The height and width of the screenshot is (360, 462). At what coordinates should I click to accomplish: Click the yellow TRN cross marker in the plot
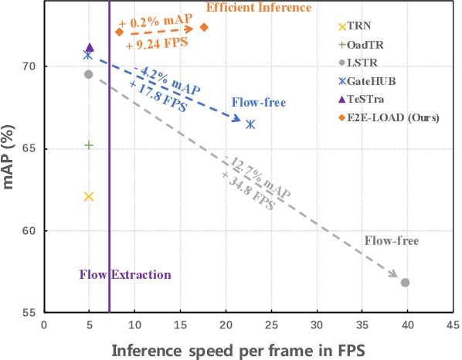89,197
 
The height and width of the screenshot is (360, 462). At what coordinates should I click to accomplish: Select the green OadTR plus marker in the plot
89,145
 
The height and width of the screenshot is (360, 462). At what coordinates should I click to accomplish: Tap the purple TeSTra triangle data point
90,48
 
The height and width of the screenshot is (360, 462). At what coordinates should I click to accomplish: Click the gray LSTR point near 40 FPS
405,283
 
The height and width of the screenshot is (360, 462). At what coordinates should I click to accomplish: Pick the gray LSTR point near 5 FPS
89,74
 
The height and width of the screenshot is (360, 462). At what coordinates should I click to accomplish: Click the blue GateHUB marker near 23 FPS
250,124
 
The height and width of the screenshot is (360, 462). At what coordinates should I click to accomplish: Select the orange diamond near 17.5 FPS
204,28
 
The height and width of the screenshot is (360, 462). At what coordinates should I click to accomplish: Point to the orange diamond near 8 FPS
119,32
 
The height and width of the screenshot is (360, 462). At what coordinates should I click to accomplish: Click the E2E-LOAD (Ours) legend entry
394,118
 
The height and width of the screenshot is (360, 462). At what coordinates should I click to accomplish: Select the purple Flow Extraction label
125,275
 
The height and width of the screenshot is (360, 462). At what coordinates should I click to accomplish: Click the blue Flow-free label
259,103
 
